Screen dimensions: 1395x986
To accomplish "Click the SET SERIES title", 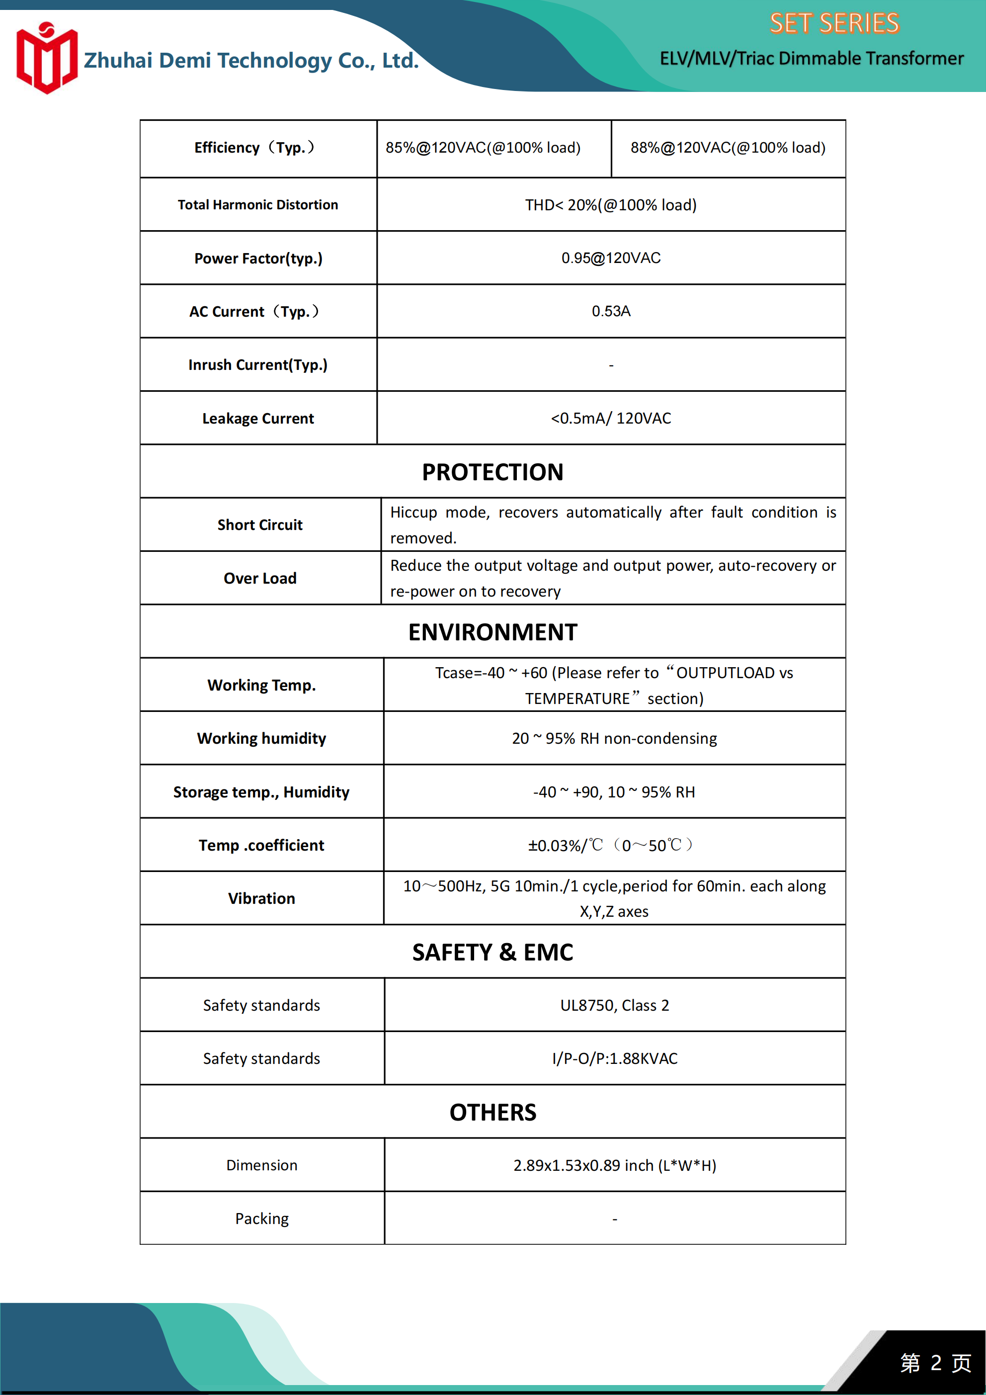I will pyautogui.click(x=833, y=24).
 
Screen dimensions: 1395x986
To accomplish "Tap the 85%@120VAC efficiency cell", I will pyautogui.click(x=483, y=148).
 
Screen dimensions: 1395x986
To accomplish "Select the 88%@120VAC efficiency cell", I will pyautogui.click(x=727, y=148).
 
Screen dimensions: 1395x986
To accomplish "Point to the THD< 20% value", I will pyautogui.click(x=611, y=205).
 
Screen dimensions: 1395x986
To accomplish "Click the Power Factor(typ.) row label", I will pyautogui.click(x=258, y=258).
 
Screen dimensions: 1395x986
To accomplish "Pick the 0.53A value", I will pyautogui.click(x=611, y=311).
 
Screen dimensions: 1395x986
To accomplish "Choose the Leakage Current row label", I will pyautogui.click(x=258, y=419).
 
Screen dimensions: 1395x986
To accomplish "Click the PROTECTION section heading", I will pyautogui.click(x=493, y=472).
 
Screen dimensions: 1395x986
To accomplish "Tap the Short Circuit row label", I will pyautogui.click(x=260, y=525).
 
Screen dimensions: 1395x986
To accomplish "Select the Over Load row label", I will pyautogui.click(x=260, y=578).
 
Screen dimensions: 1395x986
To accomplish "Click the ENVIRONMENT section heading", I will pyautogui.click(x=493, y=632).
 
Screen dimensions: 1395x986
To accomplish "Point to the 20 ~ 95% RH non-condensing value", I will pyautogui.click(x=614, y=738).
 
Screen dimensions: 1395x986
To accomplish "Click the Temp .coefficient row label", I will pyautogui.click(x=261, y=845).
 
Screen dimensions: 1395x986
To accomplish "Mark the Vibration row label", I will pyautogui.click(x=261, y=899).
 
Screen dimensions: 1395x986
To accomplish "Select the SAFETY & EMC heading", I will pyautogui.click(x=493, y=952).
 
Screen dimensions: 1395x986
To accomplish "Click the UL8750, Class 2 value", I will pyautogui.click(x=614, y=1006).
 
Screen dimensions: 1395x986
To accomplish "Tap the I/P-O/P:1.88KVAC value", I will pyautogui.click(x=614, y=1058).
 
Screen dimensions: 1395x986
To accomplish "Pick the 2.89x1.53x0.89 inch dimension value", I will pyautogui.click(x=614, y=1165).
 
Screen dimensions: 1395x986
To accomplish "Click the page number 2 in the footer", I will pyautogui.click(x=936, y=1363).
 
